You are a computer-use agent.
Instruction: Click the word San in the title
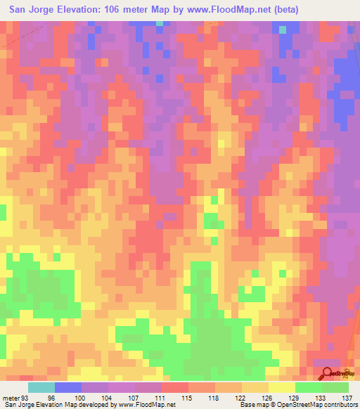coord(20,10)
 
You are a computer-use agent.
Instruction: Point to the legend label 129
coord(295,398)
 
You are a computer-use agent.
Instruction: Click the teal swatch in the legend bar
coord(41,387)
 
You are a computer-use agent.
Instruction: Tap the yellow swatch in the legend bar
coord(282,387)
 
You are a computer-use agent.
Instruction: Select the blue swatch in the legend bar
coord(68,387)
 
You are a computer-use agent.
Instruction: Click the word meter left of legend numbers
coord(11,398)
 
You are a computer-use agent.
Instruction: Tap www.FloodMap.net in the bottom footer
coord(146,405)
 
